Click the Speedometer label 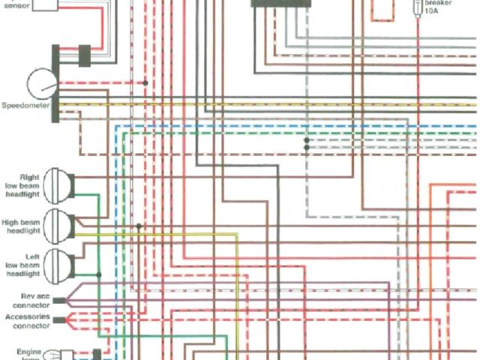25,106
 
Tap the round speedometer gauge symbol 42,83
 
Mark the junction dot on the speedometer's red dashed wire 145,82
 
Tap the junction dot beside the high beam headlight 139,225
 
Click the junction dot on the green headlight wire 99,274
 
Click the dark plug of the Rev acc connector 59,301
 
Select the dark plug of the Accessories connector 59,320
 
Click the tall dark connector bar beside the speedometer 56,82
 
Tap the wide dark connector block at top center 282,4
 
